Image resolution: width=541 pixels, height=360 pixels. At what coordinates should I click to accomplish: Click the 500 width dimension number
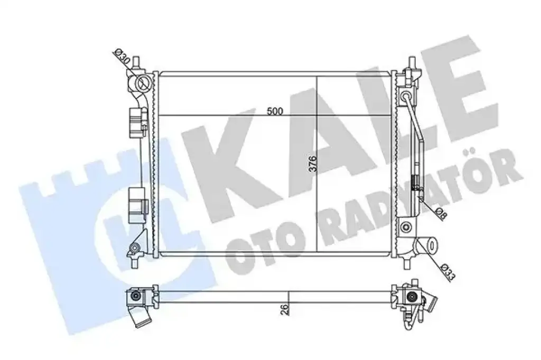pos(275,111)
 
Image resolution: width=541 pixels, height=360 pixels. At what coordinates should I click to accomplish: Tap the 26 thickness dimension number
pos(285,309)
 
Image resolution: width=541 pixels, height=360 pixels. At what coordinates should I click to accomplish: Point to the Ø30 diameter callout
pos(121,57)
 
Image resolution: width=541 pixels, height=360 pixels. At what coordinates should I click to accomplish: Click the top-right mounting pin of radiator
pos(411,62)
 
